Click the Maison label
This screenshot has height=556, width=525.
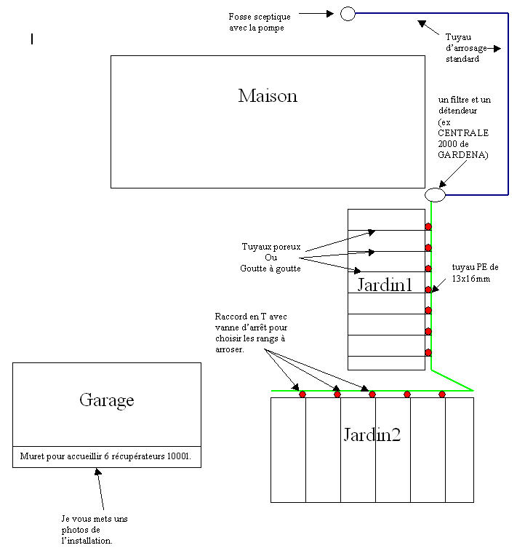point(268,96)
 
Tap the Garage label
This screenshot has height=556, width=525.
point(106,400)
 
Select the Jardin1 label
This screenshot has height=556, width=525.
point(385,285)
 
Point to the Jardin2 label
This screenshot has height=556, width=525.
point(372,435)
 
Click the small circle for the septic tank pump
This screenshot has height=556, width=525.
point(348,13)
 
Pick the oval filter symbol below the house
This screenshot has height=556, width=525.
point(435,195)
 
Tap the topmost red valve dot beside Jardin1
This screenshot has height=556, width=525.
point(428,226)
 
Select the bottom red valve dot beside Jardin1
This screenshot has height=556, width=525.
point(428,352)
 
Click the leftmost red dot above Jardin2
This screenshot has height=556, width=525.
point(302,394)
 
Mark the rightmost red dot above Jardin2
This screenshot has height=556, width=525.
point(442,394)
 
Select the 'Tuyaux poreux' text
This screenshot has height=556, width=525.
point(271,247)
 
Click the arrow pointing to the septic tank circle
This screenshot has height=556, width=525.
point(316,13)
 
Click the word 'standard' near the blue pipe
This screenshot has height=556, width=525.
point(462,59)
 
